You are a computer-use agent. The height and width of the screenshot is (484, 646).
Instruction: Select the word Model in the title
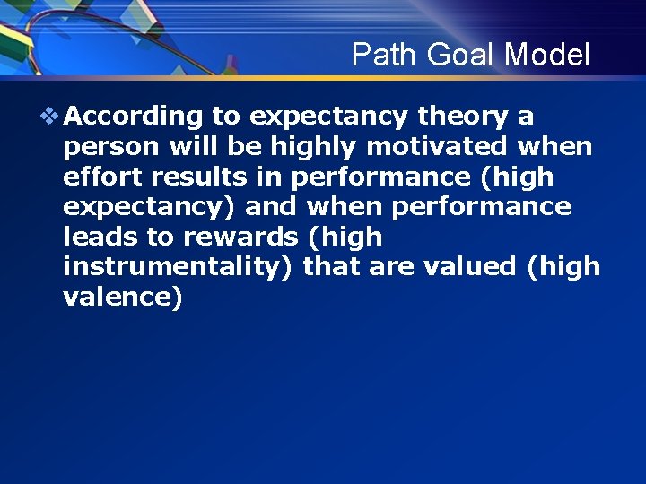(x=546, y=56)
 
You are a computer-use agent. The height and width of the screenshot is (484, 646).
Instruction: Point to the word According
(x=135, y=117)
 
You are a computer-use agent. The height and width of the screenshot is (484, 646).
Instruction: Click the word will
(x=194, y=147)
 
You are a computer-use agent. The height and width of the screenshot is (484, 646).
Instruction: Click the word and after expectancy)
(x=271, y=207)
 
